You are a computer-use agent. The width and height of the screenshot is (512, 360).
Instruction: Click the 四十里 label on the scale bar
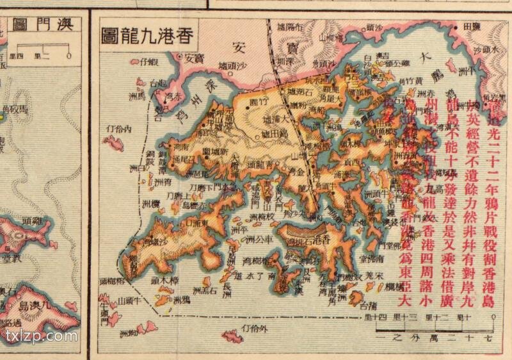pyautogui.click(x=377, y=318)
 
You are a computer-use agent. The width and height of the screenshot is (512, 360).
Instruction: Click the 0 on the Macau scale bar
pyautogui.click(x=68, y=56)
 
